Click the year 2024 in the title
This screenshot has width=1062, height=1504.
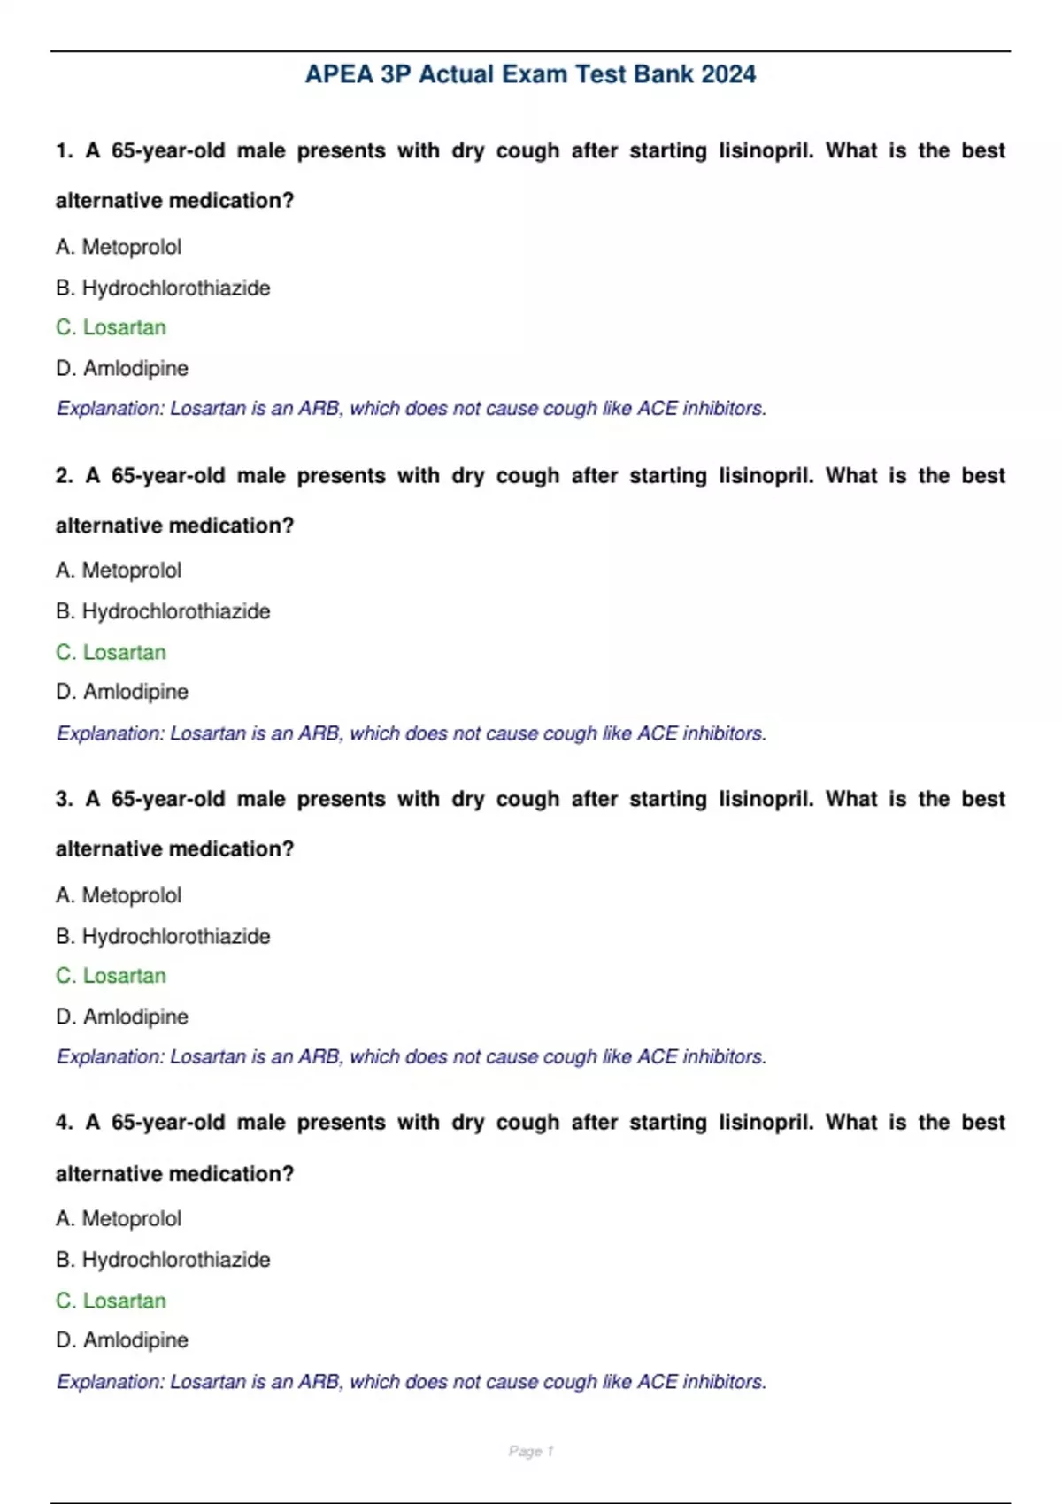(728, 74)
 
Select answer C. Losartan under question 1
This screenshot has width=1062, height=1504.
(111, 327)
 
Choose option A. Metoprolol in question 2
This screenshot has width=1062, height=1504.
(119, 571)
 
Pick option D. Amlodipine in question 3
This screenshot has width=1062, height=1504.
(122, 1017)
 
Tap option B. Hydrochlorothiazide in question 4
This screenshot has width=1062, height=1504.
(163, 1260)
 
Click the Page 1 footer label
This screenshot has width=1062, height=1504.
(531, 1452)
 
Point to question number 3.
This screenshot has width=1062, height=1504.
(64, 799)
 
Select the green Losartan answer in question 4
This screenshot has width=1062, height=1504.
(111, 1301)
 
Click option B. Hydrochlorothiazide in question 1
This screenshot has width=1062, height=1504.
(163, 288)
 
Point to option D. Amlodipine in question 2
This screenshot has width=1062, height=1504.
(122, 692)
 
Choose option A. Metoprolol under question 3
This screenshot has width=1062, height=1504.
(119, 895)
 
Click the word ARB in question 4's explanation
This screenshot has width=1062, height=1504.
(319, 1382)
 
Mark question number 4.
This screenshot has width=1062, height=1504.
(64, 1123)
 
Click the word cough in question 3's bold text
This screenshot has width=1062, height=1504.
(527, 799)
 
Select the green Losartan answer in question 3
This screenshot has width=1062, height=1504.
(111, 976)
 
